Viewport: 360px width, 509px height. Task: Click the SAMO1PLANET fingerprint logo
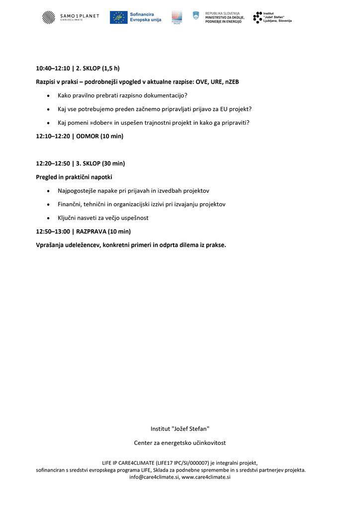click(x=49, y=17)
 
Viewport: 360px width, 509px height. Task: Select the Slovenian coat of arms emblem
click(x=196, y=15)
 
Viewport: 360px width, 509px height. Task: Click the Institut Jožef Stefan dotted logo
click(x=257, y=17)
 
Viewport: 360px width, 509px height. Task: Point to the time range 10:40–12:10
click(x=53, y=68)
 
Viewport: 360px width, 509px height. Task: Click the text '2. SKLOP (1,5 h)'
click(x=98, y=68)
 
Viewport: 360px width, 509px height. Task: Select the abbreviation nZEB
click(x=232, y=82)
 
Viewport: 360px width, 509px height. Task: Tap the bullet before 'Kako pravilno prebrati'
click(x=48, y=95)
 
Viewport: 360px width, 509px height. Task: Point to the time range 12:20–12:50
click(x=53, y=163)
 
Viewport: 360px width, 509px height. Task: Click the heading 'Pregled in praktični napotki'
click(x=74, y=177)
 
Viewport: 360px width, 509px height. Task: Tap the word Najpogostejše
click(x=78, y=190)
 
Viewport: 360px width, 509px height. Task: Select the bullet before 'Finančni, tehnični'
click(x=48, y=204)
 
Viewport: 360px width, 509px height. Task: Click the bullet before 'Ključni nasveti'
click(x=48, y=218)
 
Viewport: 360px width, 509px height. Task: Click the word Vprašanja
click(x=50, y=245)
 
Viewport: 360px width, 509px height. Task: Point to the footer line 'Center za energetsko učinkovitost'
click(x=180, y=442)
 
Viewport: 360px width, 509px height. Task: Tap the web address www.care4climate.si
click(x=206, y=477)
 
